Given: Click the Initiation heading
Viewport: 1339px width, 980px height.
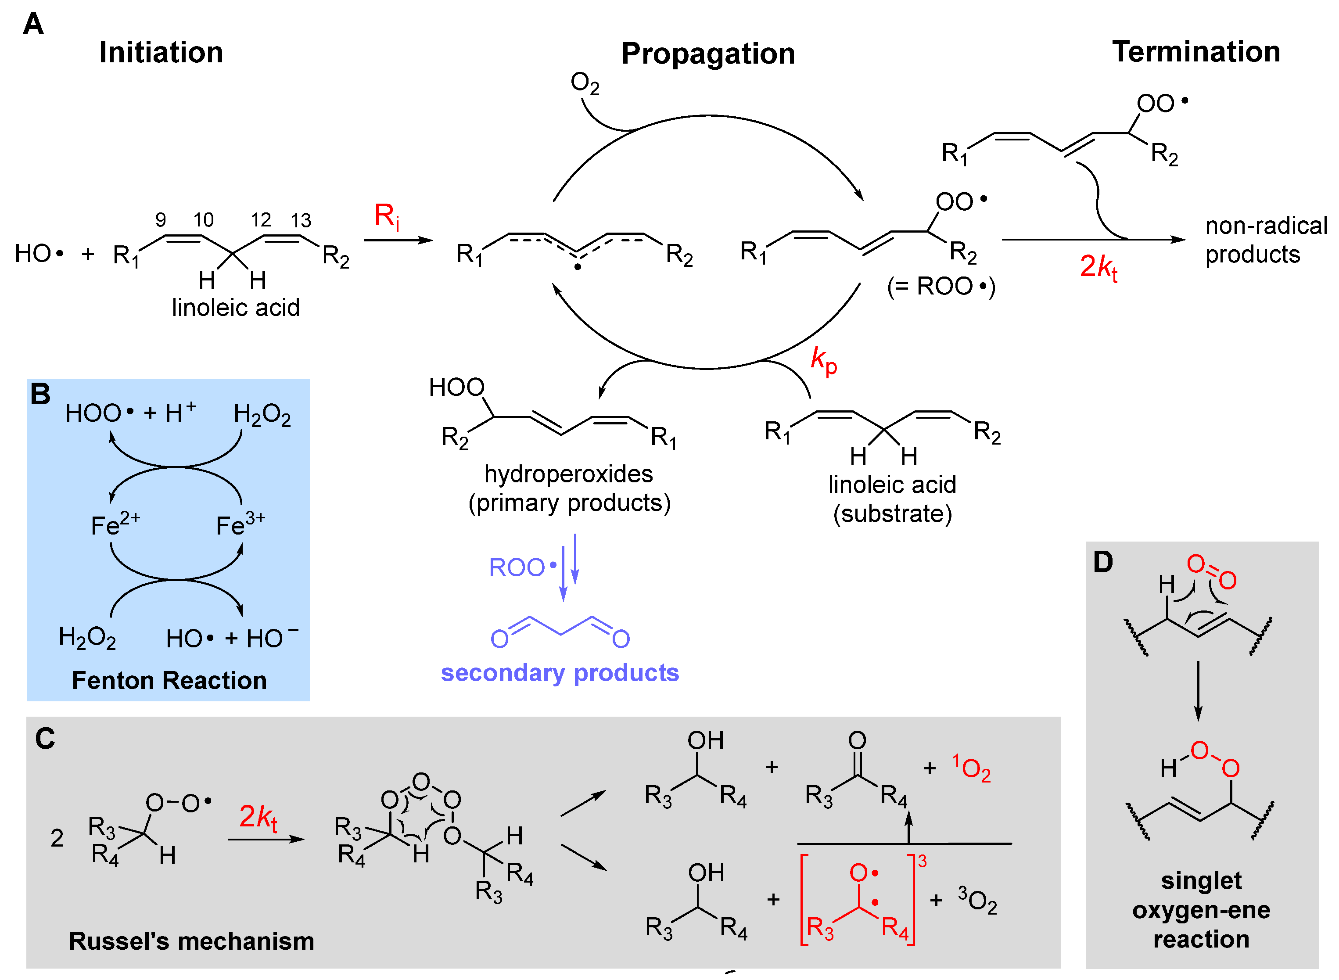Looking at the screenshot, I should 161,52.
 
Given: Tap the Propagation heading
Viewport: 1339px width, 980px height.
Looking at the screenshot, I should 708,54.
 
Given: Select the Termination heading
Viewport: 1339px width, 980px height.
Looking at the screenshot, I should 1195,52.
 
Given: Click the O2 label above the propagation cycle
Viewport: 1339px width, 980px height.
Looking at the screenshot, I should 585,83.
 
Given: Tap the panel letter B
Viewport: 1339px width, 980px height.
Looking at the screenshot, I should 40,394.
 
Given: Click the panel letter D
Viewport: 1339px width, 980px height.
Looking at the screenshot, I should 1103,562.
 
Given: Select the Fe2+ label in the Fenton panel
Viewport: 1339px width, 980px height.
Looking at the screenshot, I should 115,524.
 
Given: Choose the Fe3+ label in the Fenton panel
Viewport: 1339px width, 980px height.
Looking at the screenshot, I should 240,524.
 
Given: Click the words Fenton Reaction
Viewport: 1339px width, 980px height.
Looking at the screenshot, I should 169,680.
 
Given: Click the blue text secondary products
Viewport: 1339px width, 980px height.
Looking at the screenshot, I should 560,673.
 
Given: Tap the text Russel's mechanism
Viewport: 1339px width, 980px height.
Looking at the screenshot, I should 191,941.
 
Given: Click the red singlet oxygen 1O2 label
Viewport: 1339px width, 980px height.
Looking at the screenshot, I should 971,768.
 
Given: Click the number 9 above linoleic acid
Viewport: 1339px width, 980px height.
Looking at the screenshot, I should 161,220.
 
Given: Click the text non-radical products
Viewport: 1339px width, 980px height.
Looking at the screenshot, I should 1265,240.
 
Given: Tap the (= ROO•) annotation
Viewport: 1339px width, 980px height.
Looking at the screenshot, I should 941,287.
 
